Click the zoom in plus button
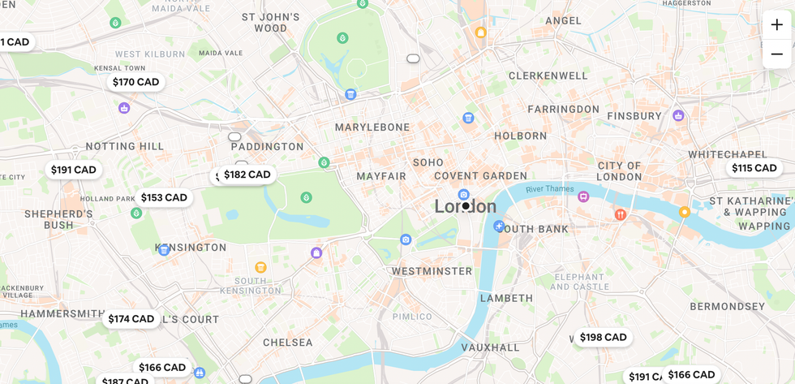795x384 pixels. tap(776, 24)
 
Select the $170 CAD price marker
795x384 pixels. tap(135, 82)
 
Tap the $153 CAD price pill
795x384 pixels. tap(164, 197)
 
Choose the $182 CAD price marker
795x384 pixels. tap(247, 175)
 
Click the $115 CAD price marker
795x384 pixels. tap(754, 168)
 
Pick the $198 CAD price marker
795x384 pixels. tap(603, 337)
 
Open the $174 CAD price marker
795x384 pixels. tap(131, 319)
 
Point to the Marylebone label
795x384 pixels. tap(372, 127)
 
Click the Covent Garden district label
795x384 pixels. tap(480, 175)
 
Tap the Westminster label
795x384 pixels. tap(432, 271)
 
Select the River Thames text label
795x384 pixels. tap(549, 189)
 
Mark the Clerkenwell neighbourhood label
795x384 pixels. tap(548, 76)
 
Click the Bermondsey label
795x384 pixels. tap(727, 307)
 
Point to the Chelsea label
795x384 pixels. tap(287, 343)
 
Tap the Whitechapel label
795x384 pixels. tap(727, 154)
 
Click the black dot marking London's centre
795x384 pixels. tap(466, 206)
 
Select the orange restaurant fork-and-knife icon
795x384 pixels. tap(620, 215)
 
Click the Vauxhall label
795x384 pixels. tap(490, 347)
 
